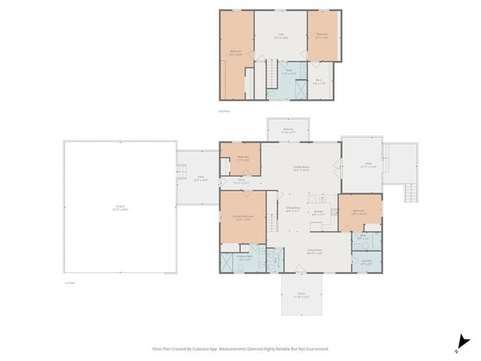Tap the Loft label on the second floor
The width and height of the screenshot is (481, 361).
pos(280,35)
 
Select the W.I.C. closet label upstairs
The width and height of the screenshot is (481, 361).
pos(319,82)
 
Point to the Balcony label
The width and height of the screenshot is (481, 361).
pos(288,131)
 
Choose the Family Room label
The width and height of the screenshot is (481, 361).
pos(301,170)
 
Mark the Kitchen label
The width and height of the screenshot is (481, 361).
pos(319,213)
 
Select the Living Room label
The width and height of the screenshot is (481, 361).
pos(314,251)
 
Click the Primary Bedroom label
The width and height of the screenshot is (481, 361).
pos(242,217)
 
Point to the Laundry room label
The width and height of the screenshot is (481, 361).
pos(367,262)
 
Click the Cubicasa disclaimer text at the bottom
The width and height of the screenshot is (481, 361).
pos(240,349)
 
